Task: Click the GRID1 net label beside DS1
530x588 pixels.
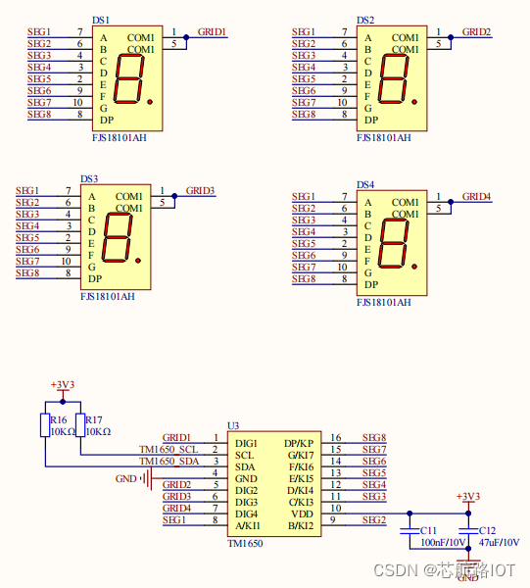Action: point(212,32)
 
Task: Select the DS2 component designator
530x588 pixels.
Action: point(365,21)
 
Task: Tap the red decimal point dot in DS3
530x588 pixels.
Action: point(138,261)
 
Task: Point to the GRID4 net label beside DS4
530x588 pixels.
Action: point(476,197)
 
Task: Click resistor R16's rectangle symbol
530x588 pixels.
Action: point(45,425)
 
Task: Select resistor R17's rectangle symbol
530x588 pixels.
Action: point(80,425)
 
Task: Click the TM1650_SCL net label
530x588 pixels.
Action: point(169,449)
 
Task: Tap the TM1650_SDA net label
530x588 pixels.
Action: point(169,461)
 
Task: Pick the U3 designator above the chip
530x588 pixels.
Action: point(233,425)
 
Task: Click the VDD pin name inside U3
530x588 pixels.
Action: point(302,514)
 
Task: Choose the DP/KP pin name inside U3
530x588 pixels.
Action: point(299,443)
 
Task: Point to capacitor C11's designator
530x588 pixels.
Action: point(428,530)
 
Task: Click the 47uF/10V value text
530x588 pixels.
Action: point(499,542)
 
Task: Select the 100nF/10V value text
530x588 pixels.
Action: point(443,542)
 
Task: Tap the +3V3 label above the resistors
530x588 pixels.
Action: point(63,385)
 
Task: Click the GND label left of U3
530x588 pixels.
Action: point(126,479)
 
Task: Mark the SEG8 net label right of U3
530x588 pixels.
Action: point(374,438)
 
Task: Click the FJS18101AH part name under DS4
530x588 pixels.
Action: point(384,302)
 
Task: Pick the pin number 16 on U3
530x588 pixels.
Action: point(336,438)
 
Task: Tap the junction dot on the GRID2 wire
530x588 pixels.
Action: point(451,37)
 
